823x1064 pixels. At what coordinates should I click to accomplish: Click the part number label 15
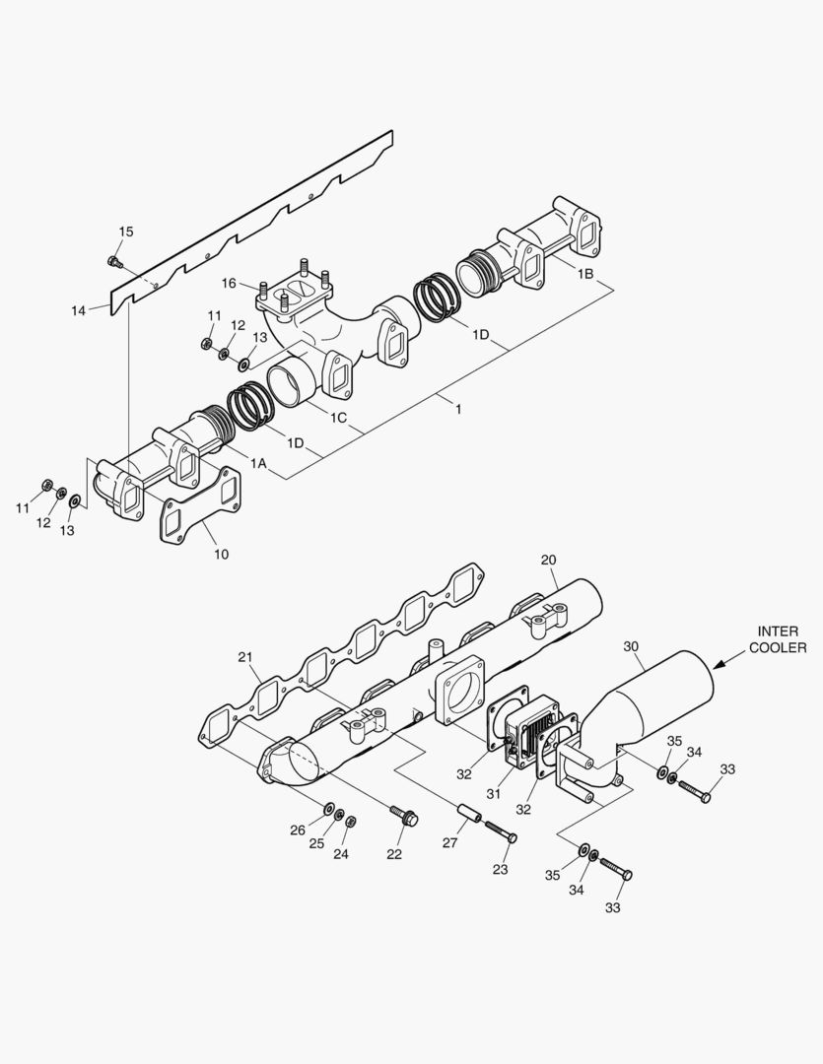(x=125, y=232)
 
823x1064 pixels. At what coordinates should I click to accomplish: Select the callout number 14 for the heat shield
(x=79, y=310)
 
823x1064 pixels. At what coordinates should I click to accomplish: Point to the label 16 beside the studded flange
(x=229, y=284)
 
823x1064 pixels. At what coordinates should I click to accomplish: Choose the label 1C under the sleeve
(x=338, y=417)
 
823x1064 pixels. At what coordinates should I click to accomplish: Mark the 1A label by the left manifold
(x=259, y=463)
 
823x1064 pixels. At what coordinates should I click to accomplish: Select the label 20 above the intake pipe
(x=549, y=560)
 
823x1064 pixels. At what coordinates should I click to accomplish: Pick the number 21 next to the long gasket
(x=245, y=656)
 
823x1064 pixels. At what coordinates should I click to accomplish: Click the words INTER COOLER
(x=778, y=639)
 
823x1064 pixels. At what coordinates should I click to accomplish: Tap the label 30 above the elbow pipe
(x=632, y=646)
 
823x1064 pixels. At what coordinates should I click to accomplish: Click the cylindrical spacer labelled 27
(x=468, y=818)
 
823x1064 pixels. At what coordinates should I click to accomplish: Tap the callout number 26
(x=298, y=831)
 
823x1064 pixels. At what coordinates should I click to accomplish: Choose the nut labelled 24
(x=352, y=821)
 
